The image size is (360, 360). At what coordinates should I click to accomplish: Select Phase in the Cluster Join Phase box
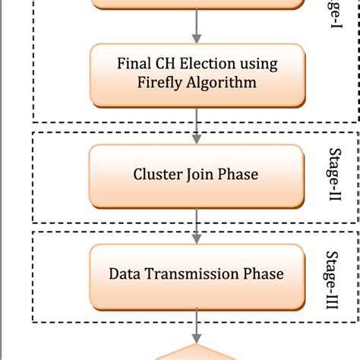pos(238,175)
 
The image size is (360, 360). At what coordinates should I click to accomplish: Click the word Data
pos(125,273)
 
